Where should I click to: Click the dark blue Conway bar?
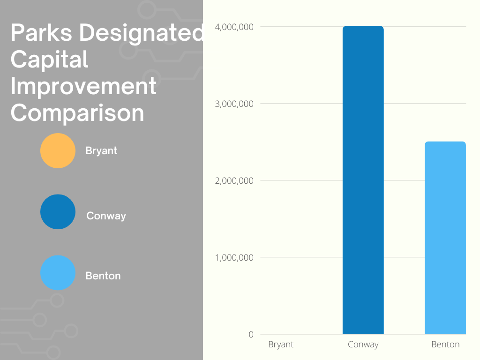[x=363, y=180]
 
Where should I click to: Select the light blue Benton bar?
[x=445, y=238]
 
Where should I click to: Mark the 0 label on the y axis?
[x=251, y=334]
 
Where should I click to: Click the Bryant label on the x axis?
[x=281, y=345]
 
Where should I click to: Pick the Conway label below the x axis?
[x=363, y=345]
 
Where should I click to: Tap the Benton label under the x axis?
[x=445, y=345]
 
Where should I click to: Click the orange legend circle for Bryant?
[x=58, y=150]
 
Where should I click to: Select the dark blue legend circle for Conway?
[x=58, y=212]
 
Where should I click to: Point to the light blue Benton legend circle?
[x=58, y=273]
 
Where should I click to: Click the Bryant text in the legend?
[x=101, y=151]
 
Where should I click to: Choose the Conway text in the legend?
[x=106, y=216]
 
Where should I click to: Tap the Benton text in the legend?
[x=103, y=276]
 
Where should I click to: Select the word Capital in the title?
[x=49, y=60]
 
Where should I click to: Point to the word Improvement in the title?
[x=83, y=86]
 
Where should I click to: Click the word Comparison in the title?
[x=77, y=113]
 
